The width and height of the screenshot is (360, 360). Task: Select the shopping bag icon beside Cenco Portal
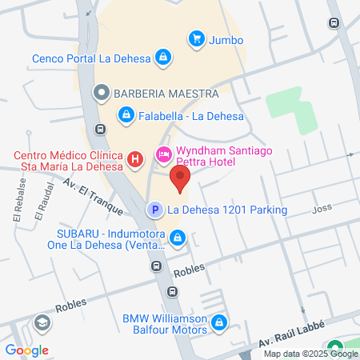[163, 58]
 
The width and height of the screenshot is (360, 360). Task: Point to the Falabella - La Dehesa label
[185, 116]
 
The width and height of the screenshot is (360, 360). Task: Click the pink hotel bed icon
[163, 154]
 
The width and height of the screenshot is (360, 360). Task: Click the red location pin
[182, 180]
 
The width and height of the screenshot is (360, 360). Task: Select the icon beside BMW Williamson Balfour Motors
[219, 324]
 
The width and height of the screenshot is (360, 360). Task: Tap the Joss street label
[322, 210]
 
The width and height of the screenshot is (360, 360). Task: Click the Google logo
[26, 350]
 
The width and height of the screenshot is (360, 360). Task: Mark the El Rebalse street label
[18, 206]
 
